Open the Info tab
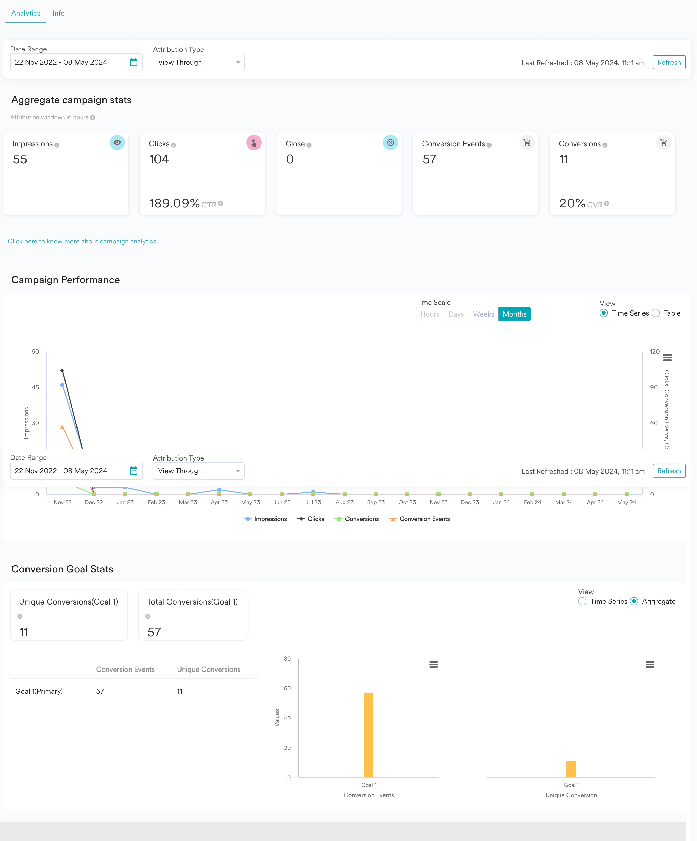[58, 13]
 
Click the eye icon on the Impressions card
[117, 142]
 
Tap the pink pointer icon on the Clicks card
[254, 142]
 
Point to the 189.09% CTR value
[174, 203]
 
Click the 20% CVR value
[572, 203]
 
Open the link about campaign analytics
[82, 241]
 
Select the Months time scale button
[514, 314]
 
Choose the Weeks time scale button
[484, 314]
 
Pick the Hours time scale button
[430, 314]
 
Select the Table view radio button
[656, 313]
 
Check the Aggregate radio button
[634, 601]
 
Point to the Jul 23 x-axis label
[313, 502]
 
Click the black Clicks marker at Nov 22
[62, 371]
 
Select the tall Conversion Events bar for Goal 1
[369, 735]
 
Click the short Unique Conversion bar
[571, 769]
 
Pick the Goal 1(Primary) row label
[39, 691]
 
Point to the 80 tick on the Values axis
[287, 659]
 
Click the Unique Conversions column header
[209, 669]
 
